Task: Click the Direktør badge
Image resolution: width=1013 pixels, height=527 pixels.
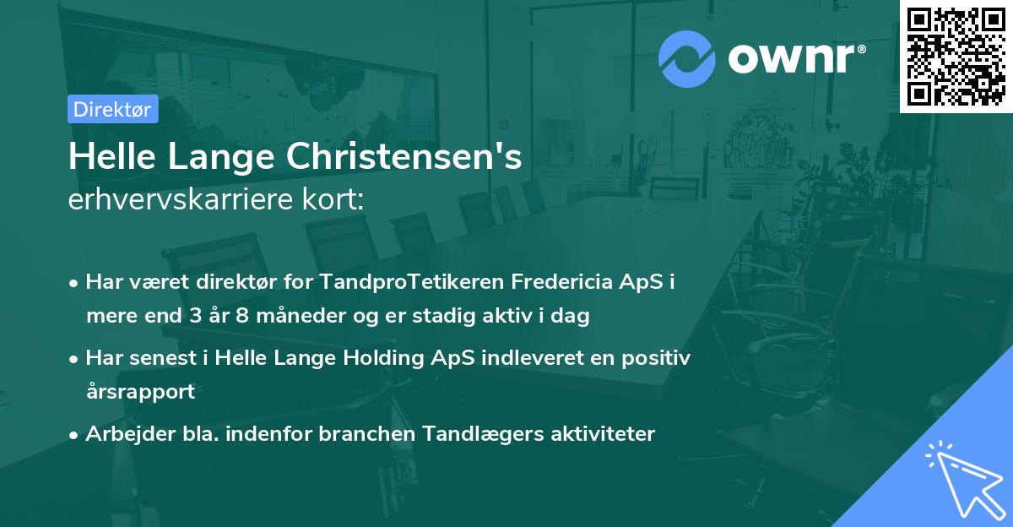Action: pyautogui.click(x=112, y=110)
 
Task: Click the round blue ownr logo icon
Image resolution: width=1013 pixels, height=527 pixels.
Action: pyautogui.click(x=686, y=58)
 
